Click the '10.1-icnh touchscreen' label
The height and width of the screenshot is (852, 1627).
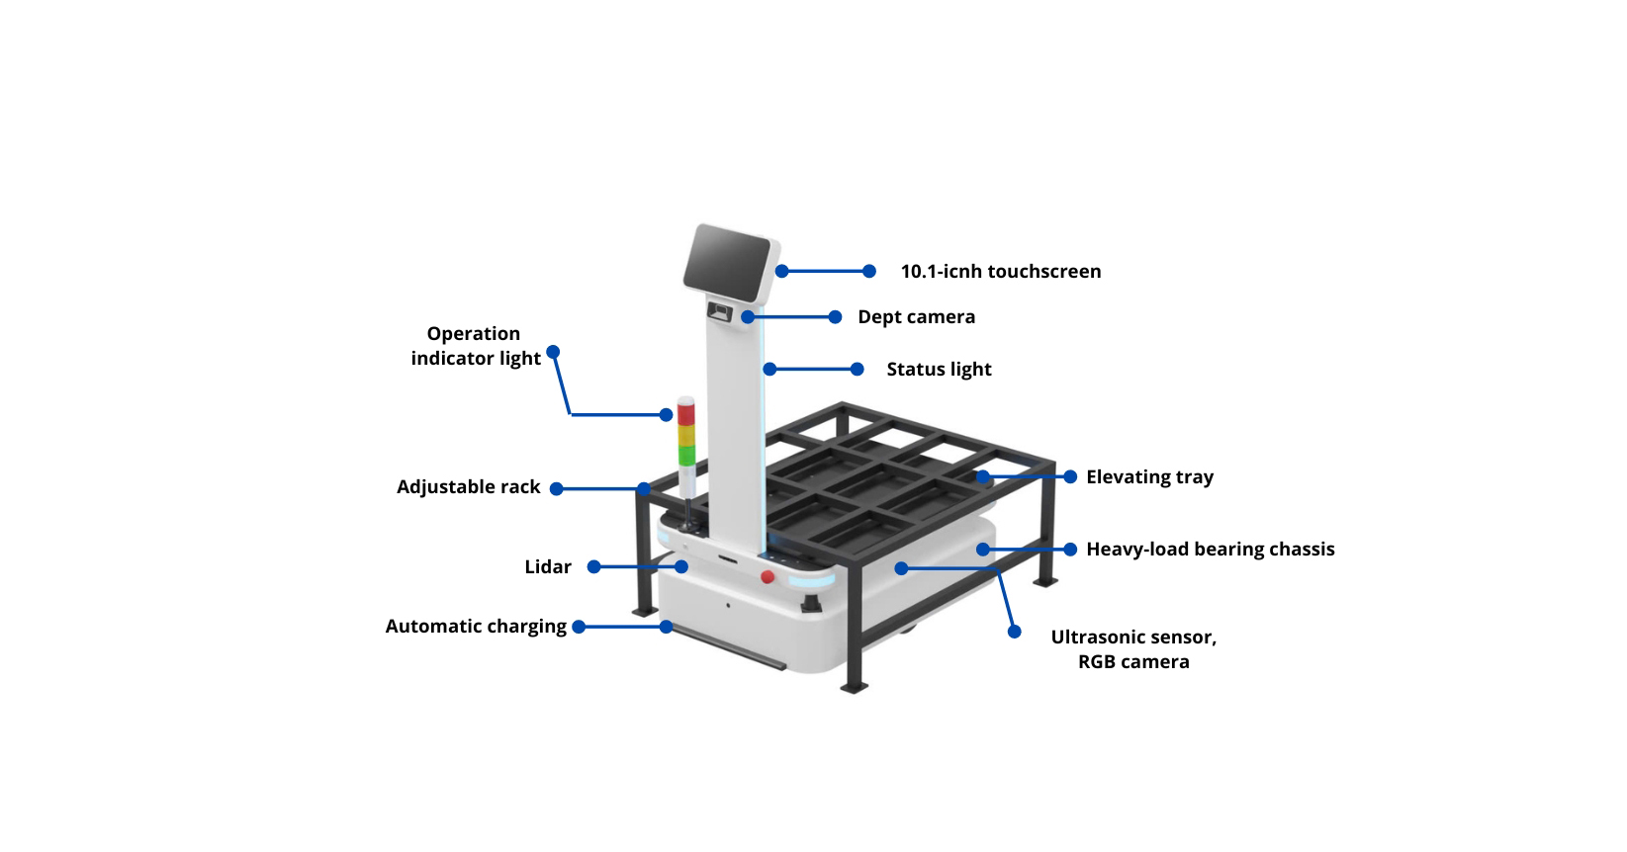pyautogui.click(x=1000, y=272)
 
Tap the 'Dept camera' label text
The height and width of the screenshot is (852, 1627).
pyautogui.click(x=916, y=317)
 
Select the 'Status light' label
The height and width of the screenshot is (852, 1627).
pyautogui.click(x=939, y=370)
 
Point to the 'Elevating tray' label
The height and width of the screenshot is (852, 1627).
pyautogui.click(x=1149, y=477)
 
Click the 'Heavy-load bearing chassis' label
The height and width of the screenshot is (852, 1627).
pyautogui.click(x=1210, y=550)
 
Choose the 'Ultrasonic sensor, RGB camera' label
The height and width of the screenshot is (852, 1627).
pyautogui.click(x=1133, y=649)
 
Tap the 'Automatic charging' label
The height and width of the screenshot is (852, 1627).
pyautogui.click(x=476, y=627)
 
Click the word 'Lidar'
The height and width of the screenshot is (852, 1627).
pyautogui.click(x=548, y=567)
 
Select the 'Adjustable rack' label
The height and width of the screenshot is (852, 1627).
pyautogui.click(x=469, y=487)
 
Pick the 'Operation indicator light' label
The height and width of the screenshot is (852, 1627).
pyautogui.click(x=476, y=346)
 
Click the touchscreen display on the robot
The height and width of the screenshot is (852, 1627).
pyautogui.click(x=727, y=260)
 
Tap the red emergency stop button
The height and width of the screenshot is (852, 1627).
pyautogui.click(x=768, y=577)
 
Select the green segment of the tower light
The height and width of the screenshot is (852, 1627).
pyautogui.click(x=686, y=454)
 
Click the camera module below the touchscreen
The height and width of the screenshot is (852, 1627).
pyautogui.click(x=721, y=313)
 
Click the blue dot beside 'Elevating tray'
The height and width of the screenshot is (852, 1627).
pyautogui.click(x=1070, y=476)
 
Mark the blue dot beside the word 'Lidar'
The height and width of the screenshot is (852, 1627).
pyautogui.click(x=593, y=566)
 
